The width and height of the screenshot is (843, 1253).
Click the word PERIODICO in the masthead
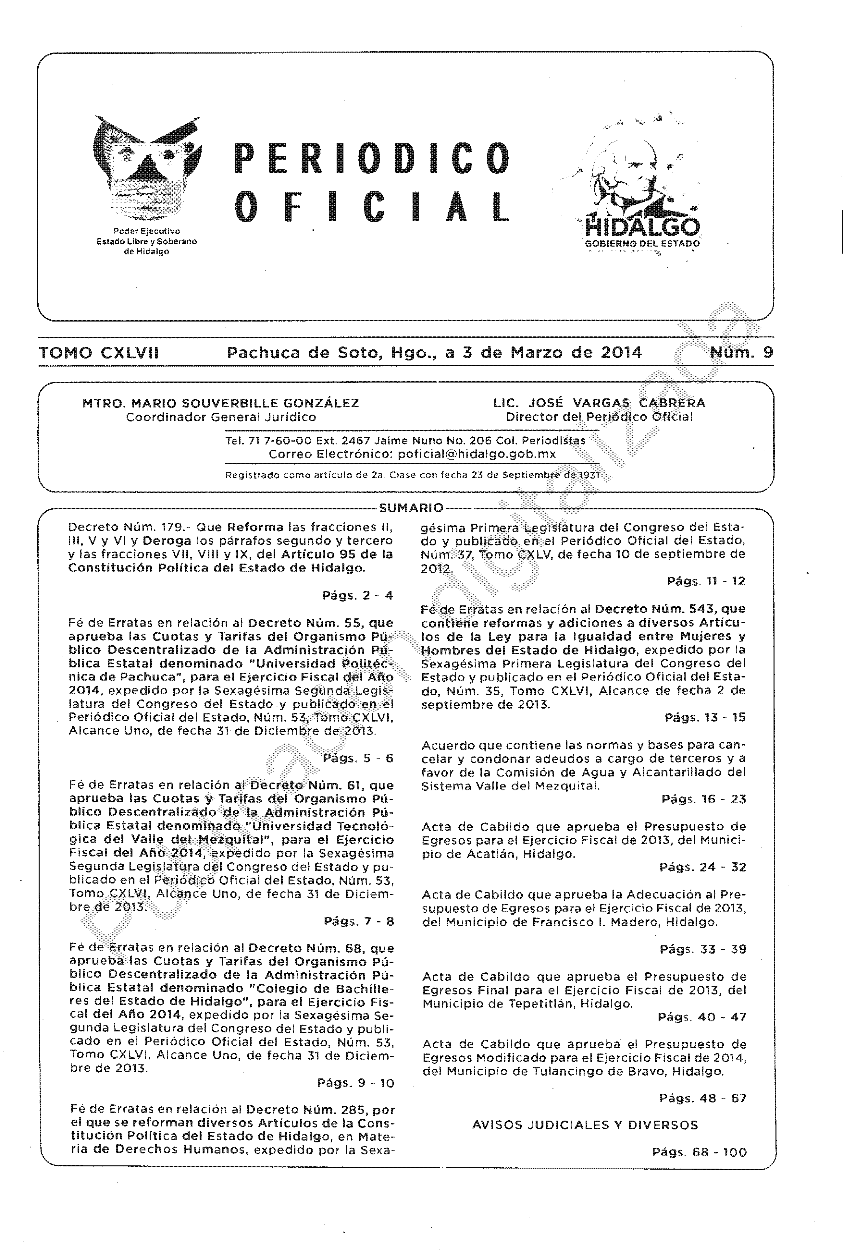pos(372,158)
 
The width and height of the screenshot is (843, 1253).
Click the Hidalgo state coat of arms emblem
pos(146,170)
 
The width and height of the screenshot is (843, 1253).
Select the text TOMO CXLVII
pos(99,353)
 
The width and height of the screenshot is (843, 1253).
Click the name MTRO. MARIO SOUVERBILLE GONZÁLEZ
pos(221,403)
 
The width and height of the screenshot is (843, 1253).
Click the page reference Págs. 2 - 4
pos(357,595)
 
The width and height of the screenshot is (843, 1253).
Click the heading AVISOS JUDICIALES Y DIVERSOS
pos(585,1125)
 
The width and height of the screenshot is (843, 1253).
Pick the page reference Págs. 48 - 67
pos(703,1098)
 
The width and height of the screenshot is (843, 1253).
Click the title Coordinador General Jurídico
pos(221,417)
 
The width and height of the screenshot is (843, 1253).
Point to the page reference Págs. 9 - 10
pos(356,1083)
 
